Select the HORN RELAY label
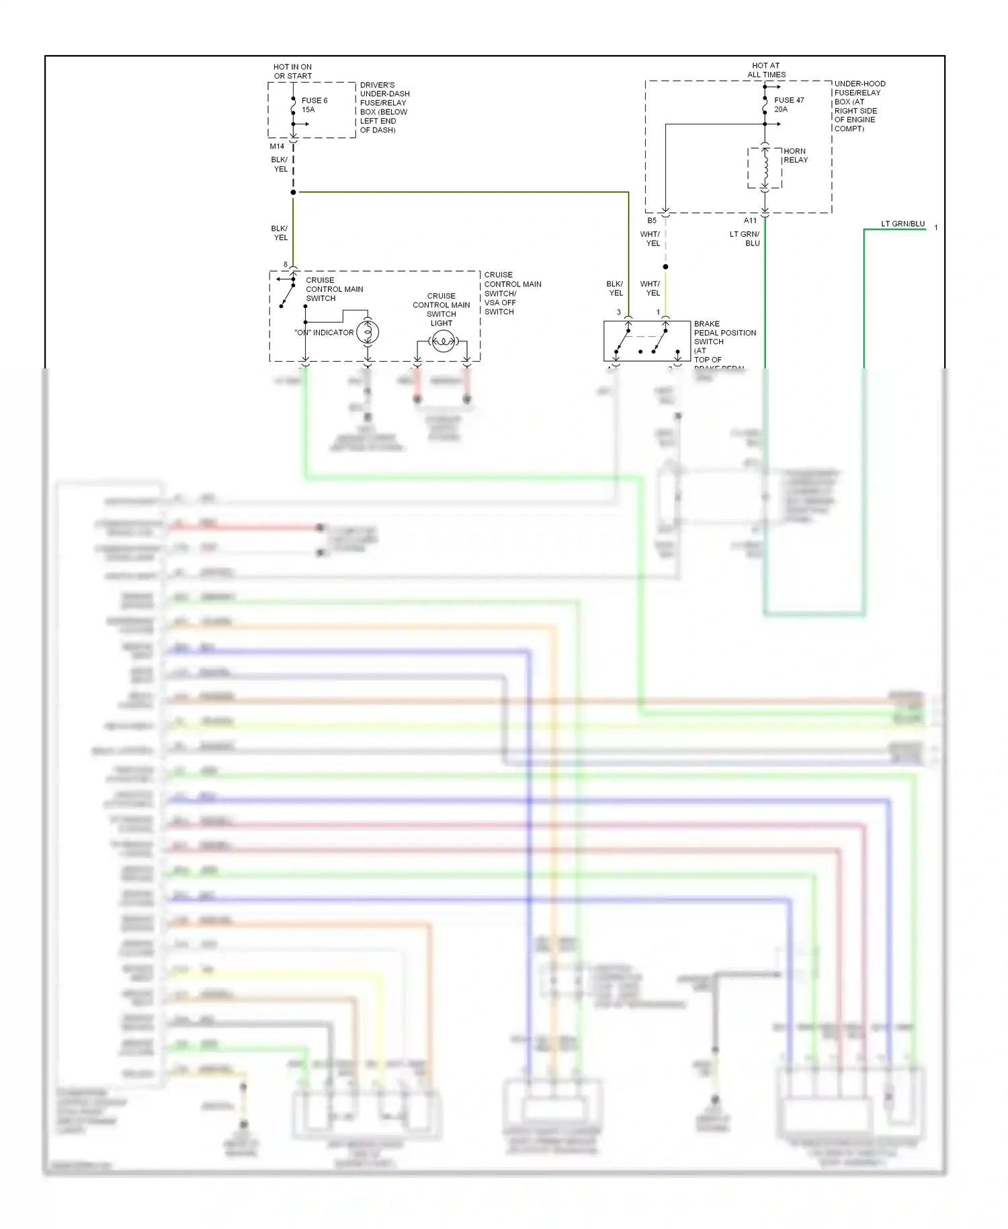795,155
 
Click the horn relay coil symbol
765,167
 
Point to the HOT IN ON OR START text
292,71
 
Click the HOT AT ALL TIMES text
766,70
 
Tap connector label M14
277,146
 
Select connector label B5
651,221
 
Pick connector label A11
750,221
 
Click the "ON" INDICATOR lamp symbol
367,331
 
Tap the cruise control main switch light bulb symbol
442,342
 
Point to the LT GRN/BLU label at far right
902,224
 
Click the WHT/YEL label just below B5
650,239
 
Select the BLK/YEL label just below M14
280,164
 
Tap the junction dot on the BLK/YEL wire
293,192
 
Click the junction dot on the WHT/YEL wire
665,267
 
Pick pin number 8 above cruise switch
286,264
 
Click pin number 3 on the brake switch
618,312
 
